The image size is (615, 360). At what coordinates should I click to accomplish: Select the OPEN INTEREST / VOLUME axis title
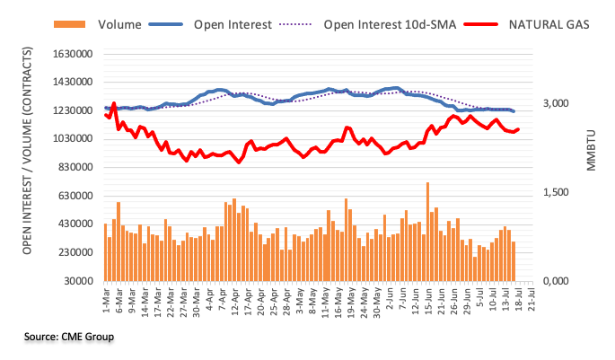pos(29,167)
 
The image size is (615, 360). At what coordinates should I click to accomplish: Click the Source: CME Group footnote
pos(70,338)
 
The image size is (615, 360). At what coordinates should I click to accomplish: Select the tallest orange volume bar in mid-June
pos(427,232)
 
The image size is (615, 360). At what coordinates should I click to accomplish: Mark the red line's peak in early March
pos(114,103)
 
